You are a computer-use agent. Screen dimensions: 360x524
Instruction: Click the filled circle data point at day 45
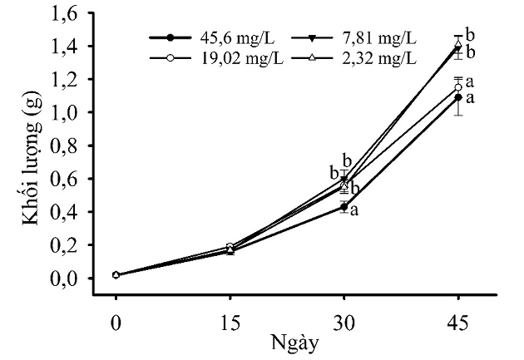click(458, 97)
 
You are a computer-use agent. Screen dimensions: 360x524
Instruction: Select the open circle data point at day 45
click(458, 86)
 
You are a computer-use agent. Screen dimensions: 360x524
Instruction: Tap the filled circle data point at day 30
click(344, 206)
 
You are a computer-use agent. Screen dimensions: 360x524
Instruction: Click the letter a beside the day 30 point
click(355, 210)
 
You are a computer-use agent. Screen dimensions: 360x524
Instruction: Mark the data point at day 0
click(116, 274)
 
